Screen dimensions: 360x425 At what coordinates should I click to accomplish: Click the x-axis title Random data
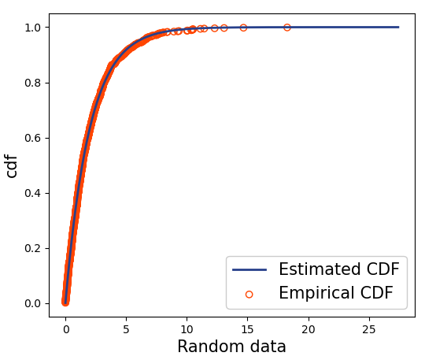(x=231, y=347)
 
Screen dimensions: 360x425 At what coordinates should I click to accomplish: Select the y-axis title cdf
(x=13, y=165)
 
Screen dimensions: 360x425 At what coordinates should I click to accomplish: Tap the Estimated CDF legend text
(x=338, y=269)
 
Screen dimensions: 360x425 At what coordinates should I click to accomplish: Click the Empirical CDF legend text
(x=342, y=294)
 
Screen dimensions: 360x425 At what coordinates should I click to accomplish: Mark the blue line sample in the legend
(x=249, y=270)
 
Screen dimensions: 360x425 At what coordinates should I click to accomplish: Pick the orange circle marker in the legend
(x=249, y=295)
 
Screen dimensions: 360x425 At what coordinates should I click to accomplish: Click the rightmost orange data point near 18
(x=287, y=28)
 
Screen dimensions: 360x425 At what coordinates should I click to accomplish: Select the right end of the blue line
(x=398, y=27)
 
